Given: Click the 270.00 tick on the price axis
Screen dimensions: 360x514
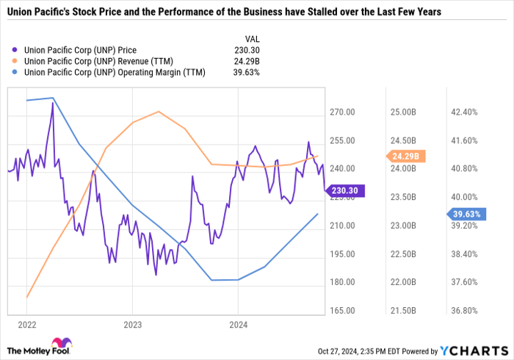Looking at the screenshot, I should pos(341,112).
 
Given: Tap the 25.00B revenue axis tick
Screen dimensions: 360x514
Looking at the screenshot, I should pos(404,112).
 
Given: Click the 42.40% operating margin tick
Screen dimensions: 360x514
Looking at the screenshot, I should pos(465,112).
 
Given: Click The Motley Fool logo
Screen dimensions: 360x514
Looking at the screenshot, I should pos(36,348).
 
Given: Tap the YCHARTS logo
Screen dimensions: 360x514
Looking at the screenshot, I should pos(474,350).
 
